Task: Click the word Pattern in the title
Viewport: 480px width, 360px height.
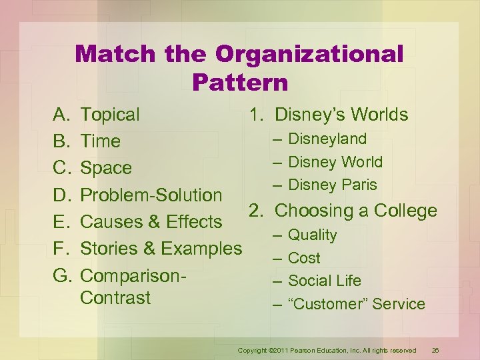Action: tap(240, 82)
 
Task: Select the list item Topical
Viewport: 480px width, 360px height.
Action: tap(110, 115)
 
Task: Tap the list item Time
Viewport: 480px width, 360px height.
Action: tap(100, 141)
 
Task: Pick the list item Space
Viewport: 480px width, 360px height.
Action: tap(106, 168)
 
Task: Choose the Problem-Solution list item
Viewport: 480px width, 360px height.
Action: tap(151, 195)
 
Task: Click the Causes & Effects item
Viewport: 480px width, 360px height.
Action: tap(151, 221)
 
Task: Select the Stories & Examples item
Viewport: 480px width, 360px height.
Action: tap(161, 249)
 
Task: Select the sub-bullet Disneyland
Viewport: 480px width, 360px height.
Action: tap(327, 139)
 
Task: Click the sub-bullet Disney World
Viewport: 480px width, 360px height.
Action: tap(335, 162)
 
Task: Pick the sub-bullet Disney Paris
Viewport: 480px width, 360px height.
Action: tap(333, 185)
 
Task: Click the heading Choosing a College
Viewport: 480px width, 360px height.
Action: tap(356, 211)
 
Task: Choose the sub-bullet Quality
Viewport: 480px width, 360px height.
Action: tap(312, 235)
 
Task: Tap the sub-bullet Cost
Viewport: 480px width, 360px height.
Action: tap(304, 258)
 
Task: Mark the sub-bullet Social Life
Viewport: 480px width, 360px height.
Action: tap(324, 281)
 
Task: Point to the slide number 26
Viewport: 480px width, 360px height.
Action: tap(435, 350)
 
